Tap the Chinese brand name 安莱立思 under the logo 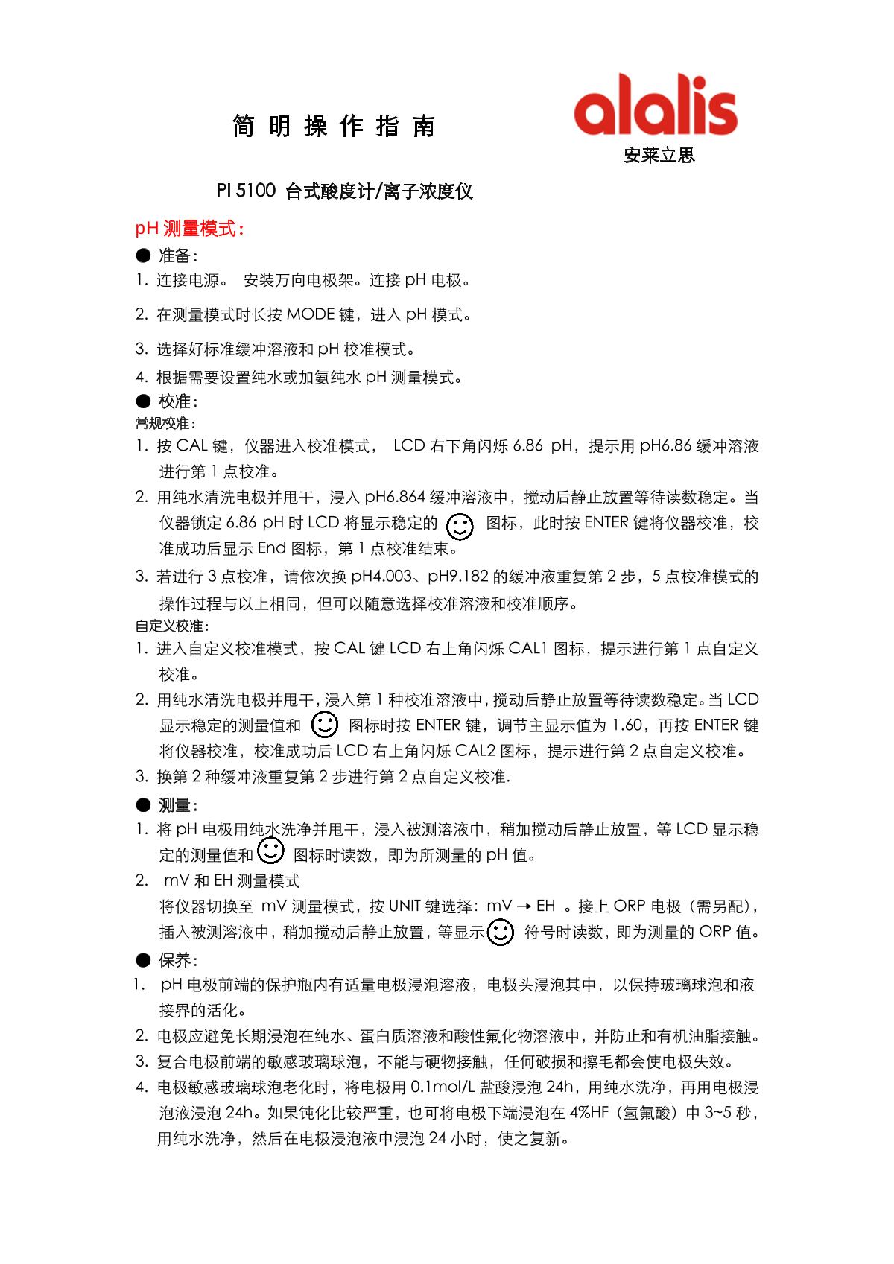tap(659, 156)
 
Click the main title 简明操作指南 tap(334, 127)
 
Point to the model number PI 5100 tap(246, 192)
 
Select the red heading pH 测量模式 tap(189, 229)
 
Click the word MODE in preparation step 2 tap(311, 315)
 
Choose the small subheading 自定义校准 tap(172, 626)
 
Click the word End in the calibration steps tap(272, 549)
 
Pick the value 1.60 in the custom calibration tap(627, 725)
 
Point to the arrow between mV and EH tap(524, 907)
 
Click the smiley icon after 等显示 tap(501, 932)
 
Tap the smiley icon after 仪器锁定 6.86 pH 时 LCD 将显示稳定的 tap(460, 526)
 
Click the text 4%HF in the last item tap(593, 1114)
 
